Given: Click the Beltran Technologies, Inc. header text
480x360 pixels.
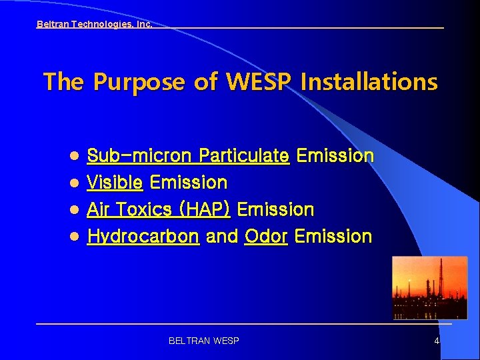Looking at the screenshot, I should [x=94, y=24].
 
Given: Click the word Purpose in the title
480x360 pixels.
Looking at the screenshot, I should [x=139, y=82].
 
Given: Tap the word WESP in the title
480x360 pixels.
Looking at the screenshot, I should [x=259, y=82].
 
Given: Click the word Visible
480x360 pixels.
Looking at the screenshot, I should [x=115, y=183].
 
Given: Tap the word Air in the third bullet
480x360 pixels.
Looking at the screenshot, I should [x=99, y=209].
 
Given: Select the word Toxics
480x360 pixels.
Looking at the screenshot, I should [x=142, y=209].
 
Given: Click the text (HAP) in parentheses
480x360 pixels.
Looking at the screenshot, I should [x=204, y=209].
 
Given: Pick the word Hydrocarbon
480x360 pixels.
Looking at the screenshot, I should [x=143, y=236].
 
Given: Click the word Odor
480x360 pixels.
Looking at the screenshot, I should [x=266, y=236].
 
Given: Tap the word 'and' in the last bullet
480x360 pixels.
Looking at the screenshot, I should [x=221, y=236].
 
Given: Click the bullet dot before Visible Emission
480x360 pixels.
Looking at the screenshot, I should [x=75, y=183].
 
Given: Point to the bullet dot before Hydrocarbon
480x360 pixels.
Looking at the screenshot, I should [x=75, y=236].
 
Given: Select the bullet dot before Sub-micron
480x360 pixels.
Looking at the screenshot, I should [x=75, y=156].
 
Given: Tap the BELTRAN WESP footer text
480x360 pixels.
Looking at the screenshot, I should [x=204, y=341].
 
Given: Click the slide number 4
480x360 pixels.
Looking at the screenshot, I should [x=437, y=341].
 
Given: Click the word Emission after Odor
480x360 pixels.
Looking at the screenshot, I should [x=333, y=236].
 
